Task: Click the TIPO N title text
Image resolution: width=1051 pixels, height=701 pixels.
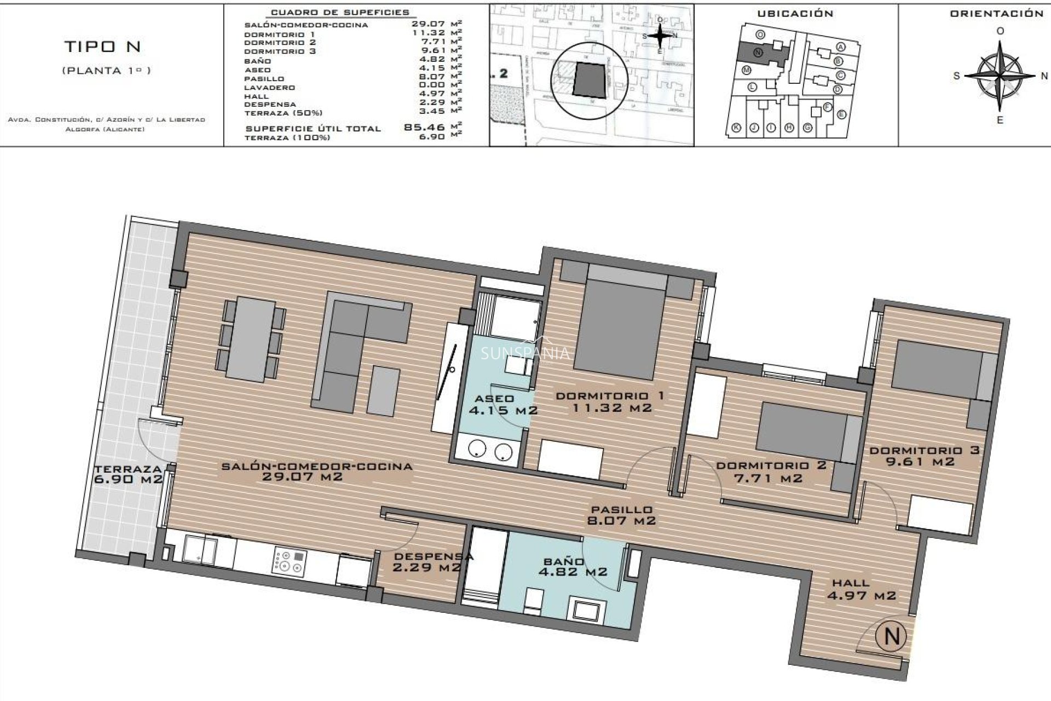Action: (103, 47)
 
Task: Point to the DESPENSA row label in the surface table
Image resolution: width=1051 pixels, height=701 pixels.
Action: (270, 104)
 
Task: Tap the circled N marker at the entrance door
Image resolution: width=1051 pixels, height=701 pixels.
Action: (892, 636)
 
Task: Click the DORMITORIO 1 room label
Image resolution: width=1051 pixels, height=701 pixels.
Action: (610, 396)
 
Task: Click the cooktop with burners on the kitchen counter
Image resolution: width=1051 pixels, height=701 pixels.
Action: (290, 562)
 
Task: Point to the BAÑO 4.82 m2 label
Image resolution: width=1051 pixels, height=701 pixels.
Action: (573, 567)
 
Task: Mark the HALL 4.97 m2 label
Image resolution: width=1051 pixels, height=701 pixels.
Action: (861, 589)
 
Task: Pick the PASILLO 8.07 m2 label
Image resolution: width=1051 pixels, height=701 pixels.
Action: (621, 515)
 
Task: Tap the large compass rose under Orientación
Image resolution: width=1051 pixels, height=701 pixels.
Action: (1000, 76)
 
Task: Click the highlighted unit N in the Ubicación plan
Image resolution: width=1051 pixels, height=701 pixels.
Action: (759, 53)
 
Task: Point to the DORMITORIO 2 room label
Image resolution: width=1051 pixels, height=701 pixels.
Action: (771, 472)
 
